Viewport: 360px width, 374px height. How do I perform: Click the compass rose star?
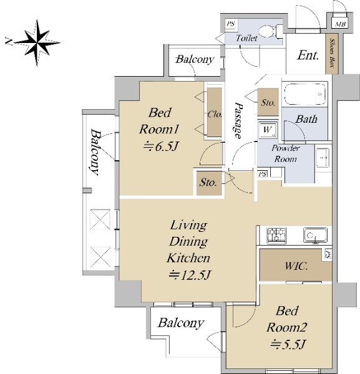[37, 43]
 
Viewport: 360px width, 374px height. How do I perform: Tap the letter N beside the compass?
[9, 41]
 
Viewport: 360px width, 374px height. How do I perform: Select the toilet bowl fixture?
[270, 31]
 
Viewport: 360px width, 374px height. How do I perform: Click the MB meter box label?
[340, 24]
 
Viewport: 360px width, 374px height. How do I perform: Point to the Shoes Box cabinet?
[332, 54]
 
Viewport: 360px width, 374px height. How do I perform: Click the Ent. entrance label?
[308, 55]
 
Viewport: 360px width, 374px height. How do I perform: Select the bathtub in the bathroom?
[305, 93]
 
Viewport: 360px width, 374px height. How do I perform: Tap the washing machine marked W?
[268, 130]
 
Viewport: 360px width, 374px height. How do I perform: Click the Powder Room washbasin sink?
[323, 158]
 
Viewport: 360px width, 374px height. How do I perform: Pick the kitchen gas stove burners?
[276, 235]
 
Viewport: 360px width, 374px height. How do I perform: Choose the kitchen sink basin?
[315, 235]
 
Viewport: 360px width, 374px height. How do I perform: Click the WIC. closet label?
[296, 266]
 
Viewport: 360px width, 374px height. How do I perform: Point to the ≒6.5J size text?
[161, 146]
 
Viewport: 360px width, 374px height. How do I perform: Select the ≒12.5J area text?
[190, 275]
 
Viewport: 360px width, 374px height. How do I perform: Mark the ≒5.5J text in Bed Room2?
[288, 344]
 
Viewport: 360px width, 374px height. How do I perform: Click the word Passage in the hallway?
[238, 120]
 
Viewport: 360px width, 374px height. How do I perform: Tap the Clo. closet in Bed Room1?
[214, 112]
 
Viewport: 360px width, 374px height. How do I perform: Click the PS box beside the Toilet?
[231, 24]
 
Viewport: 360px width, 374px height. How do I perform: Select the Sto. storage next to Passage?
[268, 102]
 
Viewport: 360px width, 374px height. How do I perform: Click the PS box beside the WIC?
[328, 254]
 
